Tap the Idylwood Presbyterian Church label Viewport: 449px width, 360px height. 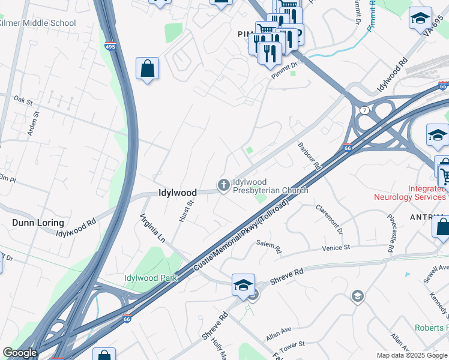coord(270,186)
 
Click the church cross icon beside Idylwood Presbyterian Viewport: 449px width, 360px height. coord(224,185)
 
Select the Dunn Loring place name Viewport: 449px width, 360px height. coord(35,223)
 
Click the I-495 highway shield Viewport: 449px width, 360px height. coord(110,45)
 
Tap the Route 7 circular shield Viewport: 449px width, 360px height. coord(364,110)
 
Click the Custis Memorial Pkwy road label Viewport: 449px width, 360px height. coord(240,238)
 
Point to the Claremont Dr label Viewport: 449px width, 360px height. coord(331,220)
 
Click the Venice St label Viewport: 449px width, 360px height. coord(336,248)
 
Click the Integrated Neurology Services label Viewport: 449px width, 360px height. coord(411,193)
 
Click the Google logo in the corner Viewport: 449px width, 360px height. coord(20,353)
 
